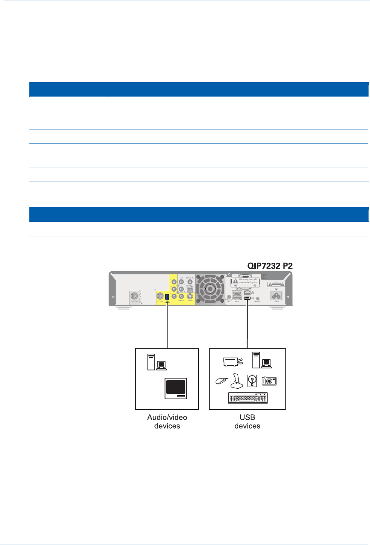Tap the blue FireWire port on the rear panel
pos(168,297)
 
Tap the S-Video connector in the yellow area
pos(190,296)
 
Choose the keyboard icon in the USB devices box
pos(247,399)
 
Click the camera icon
pos(269,381)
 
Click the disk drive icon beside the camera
pos(253,380)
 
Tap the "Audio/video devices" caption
pos(167,422)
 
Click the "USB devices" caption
pos(247,422)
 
